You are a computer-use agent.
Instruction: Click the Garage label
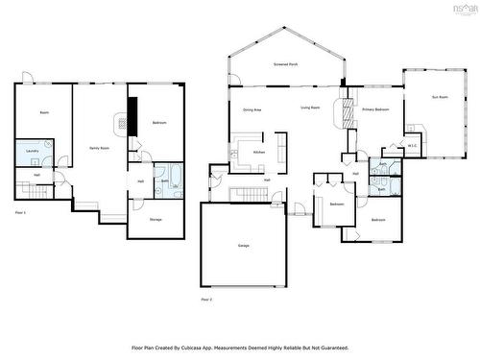[244, 246]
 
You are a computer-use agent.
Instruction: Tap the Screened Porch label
[285, 64]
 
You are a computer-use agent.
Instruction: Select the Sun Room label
[440, 97]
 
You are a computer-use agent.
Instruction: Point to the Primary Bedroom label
[375, 110]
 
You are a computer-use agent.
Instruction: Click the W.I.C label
[412, 147]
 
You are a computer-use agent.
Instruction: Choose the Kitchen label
[258, 153]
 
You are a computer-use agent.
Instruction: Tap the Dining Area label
[252, 110]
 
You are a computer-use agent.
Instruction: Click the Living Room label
[309, 108]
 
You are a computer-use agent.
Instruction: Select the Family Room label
[98, 147]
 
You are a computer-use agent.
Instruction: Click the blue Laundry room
[33, 151]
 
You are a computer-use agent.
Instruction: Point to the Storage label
[156, 220]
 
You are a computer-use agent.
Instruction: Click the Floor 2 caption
[205, 300]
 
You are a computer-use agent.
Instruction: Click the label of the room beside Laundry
[44, 113]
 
